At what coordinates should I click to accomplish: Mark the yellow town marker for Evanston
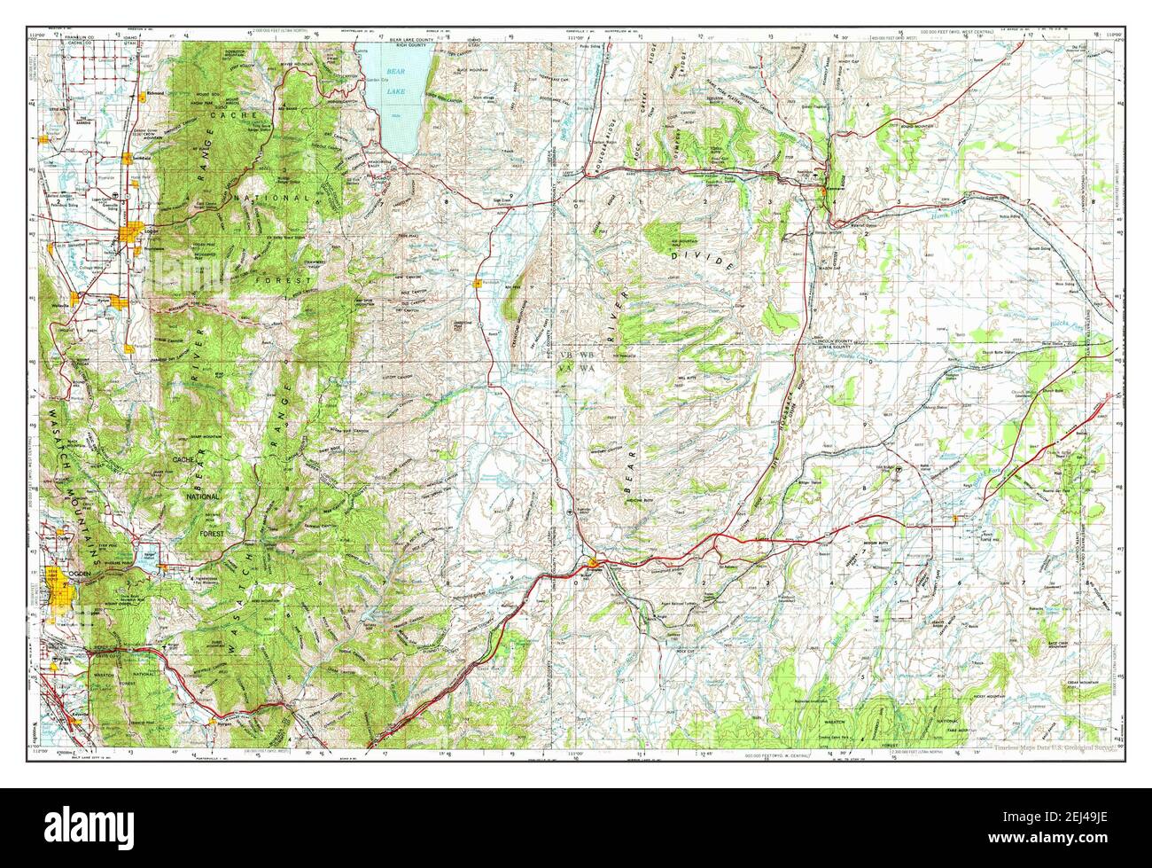(591, 560)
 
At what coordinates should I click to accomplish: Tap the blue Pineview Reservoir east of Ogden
(142, 559)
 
